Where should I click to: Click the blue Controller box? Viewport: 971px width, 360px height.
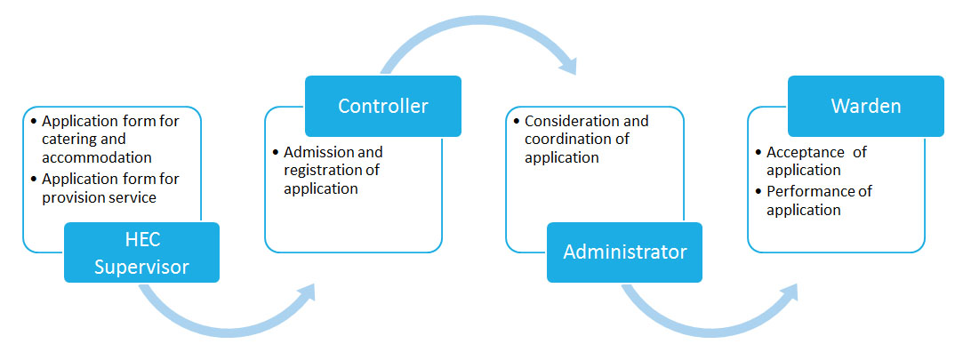[382, 106]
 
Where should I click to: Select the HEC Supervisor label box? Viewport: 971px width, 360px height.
[141, 252]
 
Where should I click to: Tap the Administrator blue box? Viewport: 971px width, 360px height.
[624, 252]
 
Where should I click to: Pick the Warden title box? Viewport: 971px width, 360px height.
[866, 106]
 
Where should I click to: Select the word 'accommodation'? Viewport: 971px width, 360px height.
[97, 157]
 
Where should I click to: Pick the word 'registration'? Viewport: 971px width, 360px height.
[323, 170]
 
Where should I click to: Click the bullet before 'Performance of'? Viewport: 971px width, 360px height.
[758, 192]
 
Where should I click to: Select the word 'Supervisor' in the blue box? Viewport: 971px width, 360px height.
[141, 268]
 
